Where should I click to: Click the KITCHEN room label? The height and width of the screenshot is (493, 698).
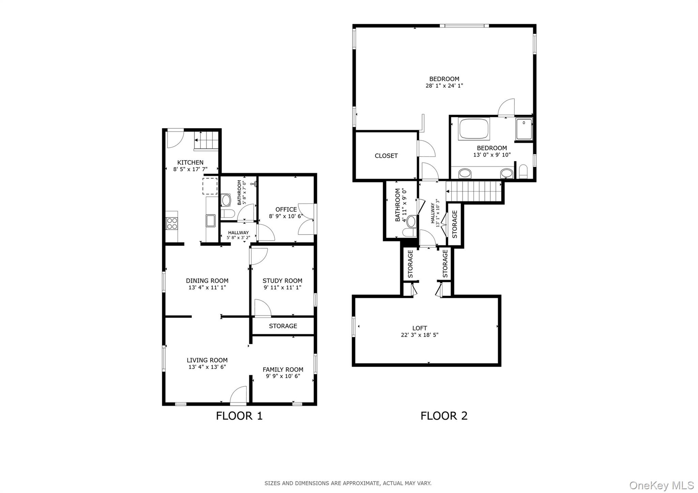[190, 162]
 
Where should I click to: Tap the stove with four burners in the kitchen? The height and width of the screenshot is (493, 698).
[172, 223]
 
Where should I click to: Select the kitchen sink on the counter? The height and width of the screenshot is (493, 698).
[210, 221]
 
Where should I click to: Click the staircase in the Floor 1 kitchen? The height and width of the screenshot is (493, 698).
[206, 140]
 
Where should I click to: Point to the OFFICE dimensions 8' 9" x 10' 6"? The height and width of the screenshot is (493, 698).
[286, 216]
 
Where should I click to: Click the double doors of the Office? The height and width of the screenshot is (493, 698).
[307, 219]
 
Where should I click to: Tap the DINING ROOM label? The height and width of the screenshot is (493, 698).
[207, 281]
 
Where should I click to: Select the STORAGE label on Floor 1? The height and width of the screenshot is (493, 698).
[283, 326]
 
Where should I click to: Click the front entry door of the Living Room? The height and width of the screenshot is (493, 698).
[238, 396]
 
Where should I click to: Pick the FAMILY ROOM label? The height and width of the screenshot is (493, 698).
[283, 369]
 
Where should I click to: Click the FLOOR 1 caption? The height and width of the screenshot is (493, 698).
[239, 416]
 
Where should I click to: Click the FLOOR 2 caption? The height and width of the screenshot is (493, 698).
[444, 416]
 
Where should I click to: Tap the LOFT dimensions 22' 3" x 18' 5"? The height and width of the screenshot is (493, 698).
[420, 335]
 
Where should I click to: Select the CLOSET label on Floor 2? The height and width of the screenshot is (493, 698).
[386, 156]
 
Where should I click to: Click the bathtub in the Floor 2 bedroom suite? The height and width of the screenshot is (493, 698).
[474, 129]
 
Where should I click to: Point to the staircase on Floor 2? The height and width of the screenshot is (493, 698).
[474, 191]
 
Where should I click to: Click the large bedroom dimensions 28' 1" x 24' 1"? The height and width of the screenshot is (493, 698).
[444, 86]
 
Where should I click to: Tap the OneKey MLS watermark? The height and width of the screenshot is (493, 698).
[661, 485]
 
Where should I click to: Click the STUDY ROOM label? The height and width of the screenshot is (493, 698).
[282, 281]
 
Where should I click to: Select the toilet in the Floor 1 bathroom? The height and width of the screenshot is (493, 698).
[227, 214]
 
